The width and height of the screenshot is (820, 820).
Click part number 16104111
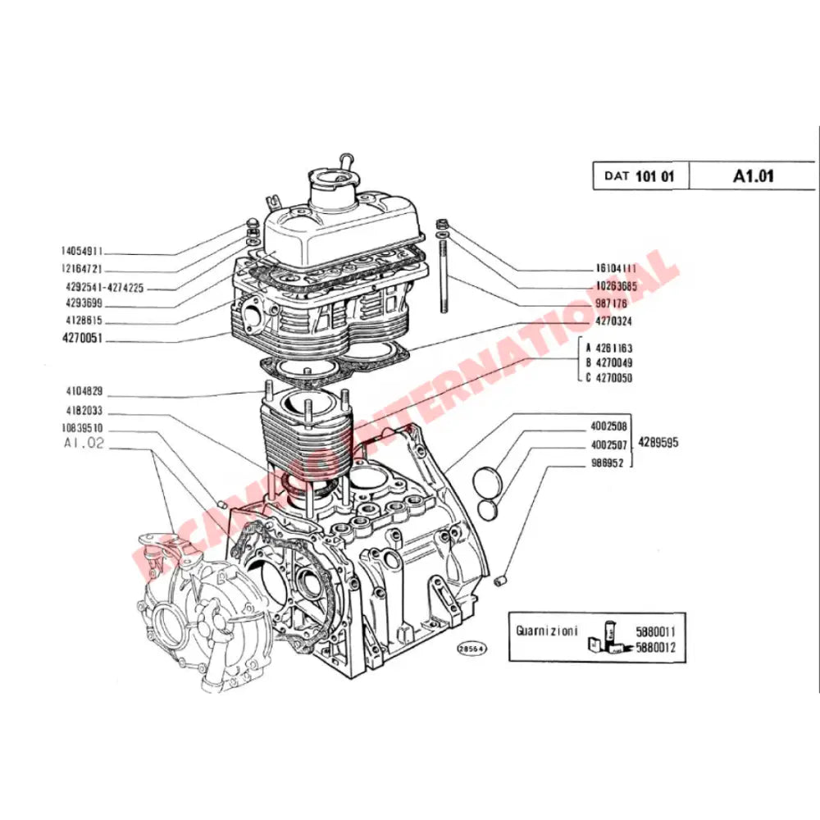(x=615, y=269)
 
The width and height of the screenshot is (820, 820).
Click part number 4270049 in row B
(x=614, y=362)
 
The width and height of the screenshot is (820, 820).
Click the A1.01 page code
(x=754, y=175)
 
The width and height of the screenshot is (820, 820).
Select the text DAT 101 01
(x=640, y=175)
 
